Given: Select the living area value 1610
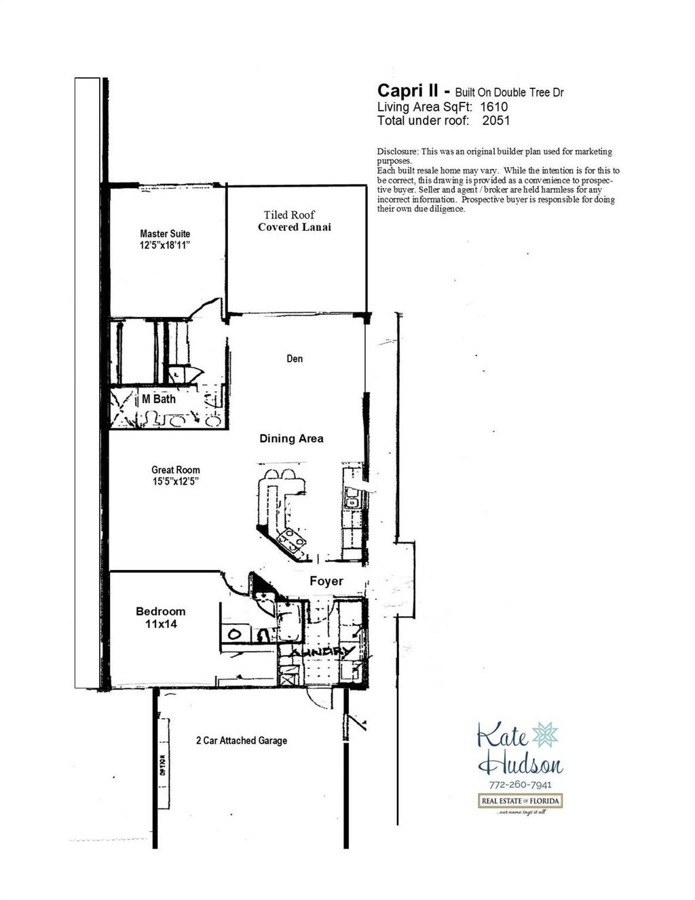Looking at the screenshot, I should (x=493, y=107).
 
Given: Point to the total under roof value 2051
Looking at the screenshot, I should (x=495, y=121).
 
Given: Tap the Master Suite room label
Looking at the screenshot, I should (x=165, y=233).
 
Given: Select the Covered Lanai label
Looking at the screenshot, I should (x=295, y=227).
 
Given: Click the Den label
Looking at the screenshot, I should (x=295, y=358).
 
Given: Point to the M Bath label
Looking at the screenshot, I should (x=159, y=399).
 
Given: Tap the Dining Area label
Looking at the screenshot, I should (x=291, y=438).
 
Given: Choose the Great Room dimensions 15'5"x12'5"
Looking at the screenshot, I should (x=175, y=481).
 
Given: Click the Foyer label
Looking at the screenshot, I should (x=326, y=581).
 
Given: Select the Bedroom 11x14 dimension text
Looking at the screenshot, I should (x=160, y=623).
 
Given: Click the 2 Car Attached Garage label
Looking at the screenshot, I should (x=241, y=740).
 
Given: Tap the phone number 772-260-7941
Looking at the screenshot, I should (x=521, y=785).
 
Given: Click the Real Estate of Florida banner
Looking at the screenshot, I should (x=521, y=802).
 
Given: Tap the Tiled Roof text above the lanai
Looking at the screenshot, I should (x=290, y=215).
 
